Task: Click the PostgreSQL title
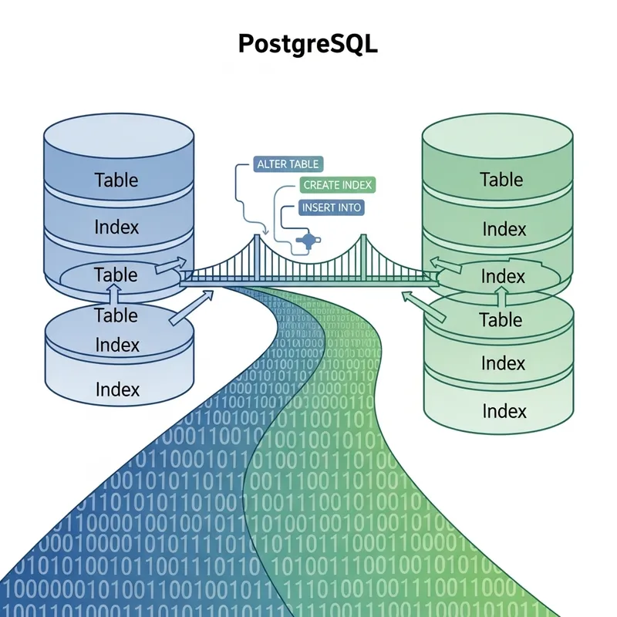point(308,44)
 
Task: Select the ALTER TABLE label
point(287,164)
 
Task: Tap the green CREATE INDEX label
point(337,185)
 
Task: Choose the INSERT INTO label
point(331,207)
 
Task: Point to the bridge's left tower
point(255,251)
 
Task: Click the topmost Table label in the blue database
point(116,180)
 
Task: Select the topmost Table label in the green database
point(501,180)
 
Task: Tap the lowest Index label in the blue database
point(118,389)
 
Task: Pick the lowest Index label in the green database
point(504,410)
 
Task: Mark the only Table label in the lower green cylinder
point(501,319)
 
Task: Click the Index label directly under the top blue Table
point(116,228)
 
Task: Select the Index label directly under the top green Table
point(504,229)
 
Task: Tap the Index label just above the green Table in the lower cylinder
point(503,276)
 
